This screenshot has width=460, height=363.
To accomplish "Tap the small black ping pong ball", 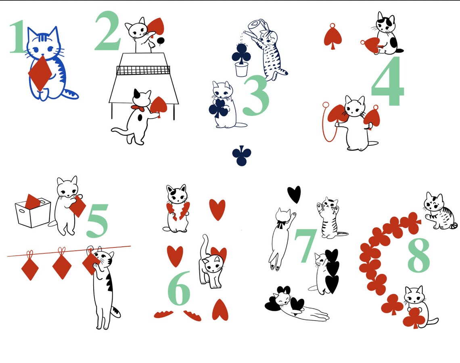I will [x=161, y=40].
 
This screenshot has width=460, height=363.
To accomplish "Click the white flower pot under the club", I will [x=241, y=69].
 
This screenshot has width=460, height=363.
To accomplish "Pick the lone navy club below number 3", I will [x=242, y=156].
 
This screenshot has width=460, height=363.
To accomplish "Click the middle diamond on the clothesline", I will [x=61, y=266].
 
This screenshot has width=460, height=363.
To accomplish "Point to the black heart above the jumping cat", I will [x=294, y=194].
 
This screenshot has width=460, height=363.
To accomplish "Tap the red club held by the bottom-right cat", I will [x=414, y=318].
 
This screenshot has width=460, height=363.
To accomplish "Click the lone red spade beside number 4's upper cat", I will [x=333, y=37].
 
